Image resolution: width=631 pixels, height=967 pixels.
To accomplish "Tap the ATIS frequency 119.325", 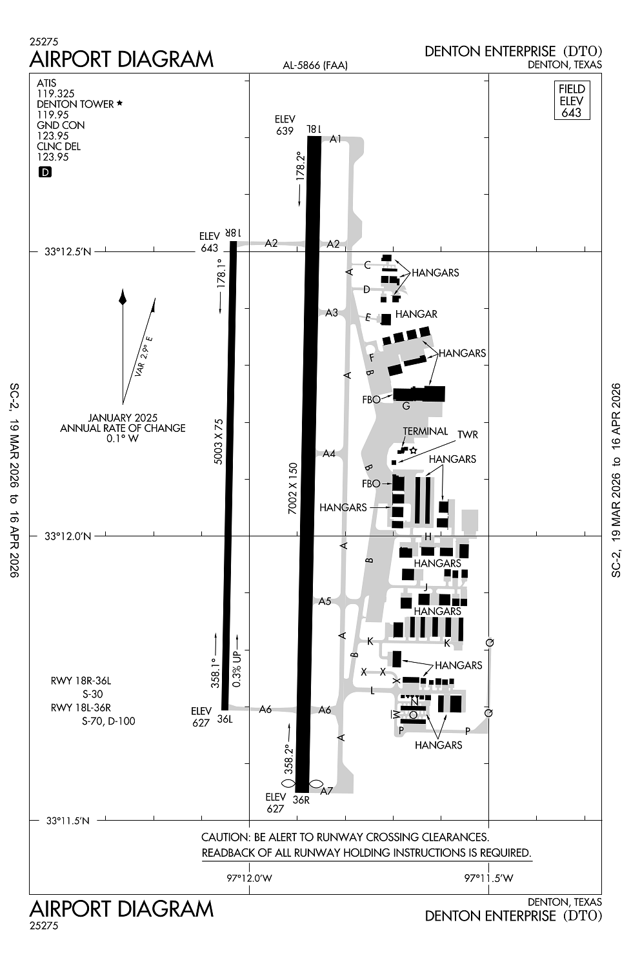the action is pyautogui.click(x=55, y=93).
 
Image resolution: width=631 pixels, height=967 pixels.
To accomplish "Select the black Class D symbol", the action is pyautogui.click(x=45, y=172).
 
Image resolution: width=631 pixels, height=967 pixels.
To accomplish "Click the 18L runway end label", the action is pyautogui.click(x=314, y=129).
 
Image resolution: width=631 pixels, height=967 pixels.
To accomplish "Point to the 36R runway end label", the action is pyautogui.click(x=301, y=799).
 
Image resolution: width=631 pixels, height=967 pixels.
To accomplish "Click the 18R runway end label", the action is pyautogui.click(x=232, y=233).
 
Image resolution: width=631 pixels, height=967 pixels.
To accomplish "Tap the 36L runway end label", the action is pyautogui.click(x=225, y=719).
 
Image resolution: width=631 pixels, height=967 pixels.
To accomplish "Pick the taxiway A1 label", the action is pyautogui.click(x=336, y=139).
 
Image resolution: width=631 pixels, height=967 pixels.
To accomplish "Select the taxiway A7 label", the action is pyautogui.click(x=326, y=791).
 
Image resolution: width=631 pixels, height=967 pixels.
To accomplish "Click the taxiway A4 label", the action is pyautogui.click(x=329, y=453).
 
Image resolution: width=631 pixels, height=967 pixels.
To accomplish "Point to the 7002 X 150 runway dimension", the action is pyautogui.click(x=293, y=488).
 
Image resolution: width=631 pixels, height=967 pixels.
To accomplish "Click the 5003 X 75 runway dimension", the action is pyautogui.click(x=219, y=441).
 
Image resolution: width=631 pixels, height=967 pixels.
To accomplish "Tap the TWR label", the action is pyautogui.click(x=468, y=435).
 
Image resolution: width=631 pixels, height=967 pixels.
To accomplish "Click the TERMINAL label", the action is pyautogui.click(x=425, y=431).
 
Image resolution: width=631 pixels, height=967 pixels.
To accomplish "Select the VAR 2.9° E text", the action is pyautogui.click(x=143, y=357).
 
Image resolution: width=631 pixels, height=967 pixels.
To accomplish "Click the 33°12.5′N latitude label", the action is pyautogui.click(x=68, y=251).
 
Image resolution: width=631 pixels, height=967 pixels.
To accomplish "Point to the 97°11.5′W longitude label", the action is pyautogui.click(x=489, y=877).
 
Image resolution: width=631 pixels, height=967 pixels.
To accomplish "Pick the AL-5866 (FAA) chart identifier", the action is pyautogui.click(x=315, y=65).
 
